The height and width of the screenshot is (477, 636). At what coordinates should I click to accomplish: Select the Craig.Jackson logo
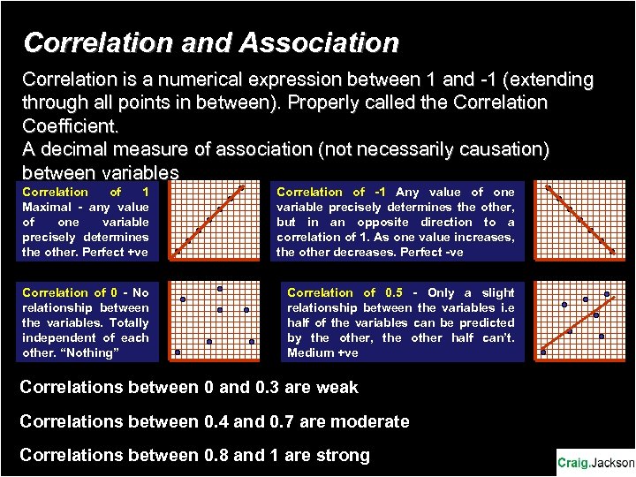pyautogui.click(x=595, y=462)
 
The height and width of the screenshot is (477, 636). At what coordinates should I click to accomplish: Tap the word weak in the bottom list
pyautogui.click(x=332, y=388)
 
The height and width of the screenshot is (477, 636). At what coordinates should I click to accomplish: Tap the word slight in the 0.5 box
pyautogui.click(x=498, y=292)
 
